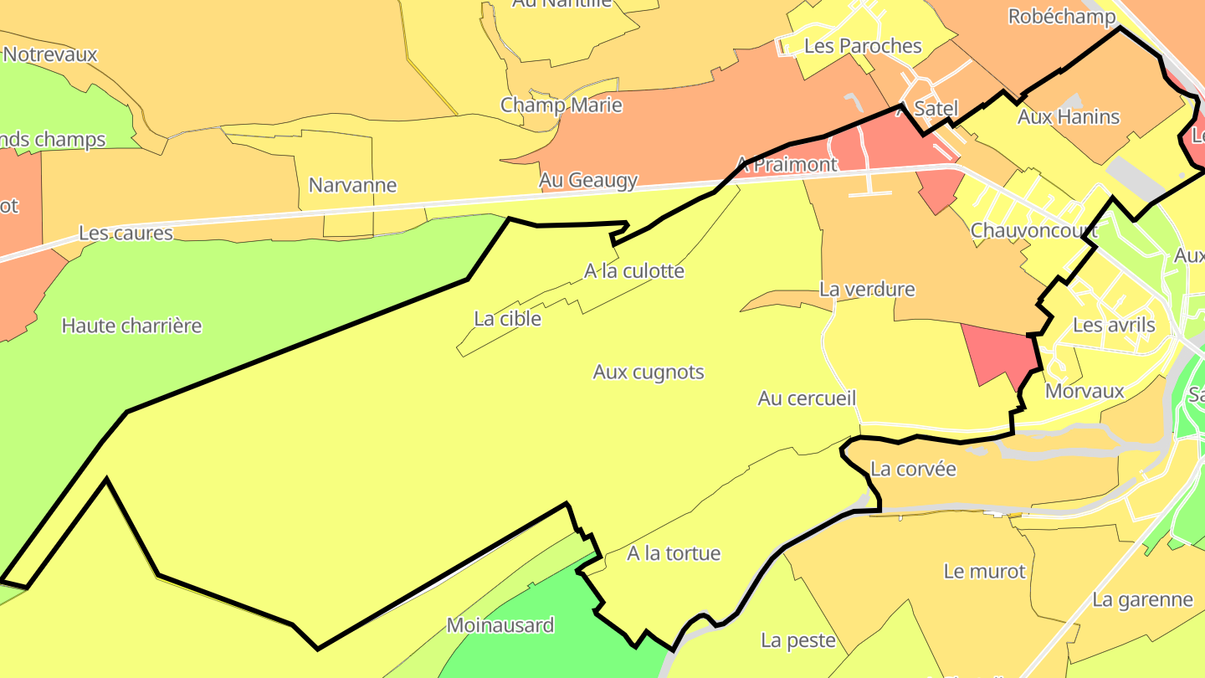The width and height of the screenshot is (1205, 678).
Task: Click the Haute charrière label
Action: [x=131, y=326]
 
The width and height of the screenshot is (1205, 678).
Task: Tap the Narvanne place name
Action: [x=352, y=185]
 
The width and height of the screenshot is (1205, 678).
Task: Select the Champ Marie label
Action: [x=561, y=105]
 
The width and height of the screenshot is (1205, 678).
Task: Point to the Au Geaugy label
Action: [x=588, y=180]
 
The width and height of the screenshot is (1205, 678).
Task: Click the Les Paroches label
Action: [x=863, y=46]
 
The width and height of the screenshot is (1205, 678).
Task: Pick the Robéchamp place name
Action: [x=1062, y=17]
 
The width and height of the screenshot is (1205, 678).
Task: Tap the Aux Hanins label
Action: [x=1069, y=117]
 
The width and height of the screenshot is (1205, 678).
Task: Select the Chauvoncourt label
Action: [x=1034, y=231]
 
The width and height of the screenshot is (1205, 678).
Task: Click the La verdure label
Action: [x=867, y=290]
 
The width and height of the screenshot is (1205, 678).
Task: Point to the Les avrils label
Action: [x=1114, y=325]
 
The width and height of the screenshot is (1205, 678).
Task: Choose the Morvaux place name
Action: [x=1084, y=391]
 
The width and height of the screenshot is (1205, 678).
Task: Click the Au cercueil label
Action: [x=807, y=398]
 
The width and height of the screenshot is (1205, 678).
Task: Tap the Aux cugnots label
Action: [x=649, y=372]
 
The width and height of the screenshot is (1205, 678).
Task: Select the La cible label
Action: [x=507, y=319]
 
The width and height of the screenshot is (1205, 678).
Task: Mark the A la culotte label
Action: [x=634, y=271]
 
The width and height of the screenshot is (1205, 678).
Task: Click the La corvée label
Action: [x=913, y=469]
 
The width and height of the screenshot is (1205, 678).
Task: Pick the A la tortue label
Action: [x=674, y=553]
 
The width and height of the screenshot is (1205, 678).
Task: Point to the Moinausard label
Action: [x=500, y=625]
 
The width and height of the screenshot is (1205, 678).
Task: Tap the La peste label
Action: [x=798, y=641]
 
